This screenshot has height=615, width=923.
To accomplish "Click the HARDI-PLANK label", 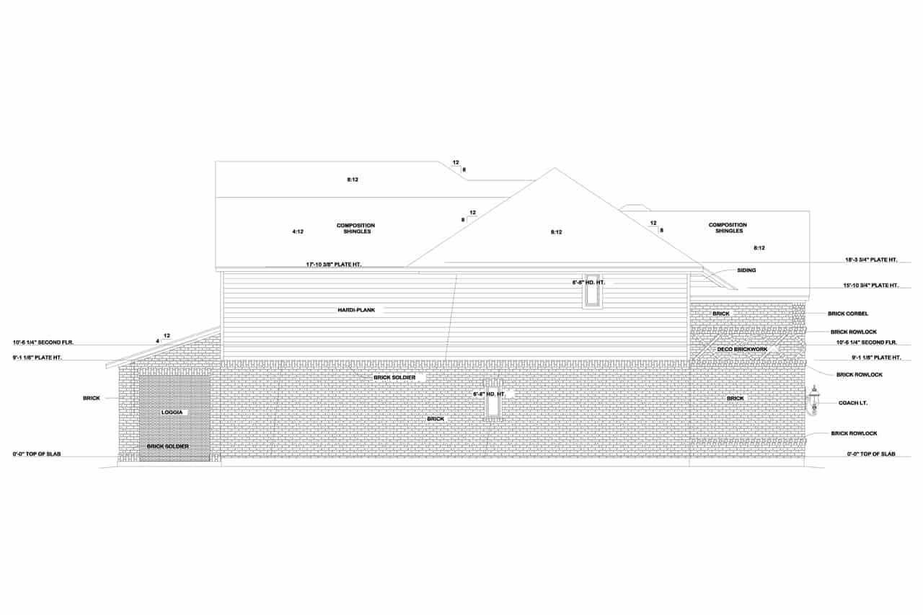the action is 356,310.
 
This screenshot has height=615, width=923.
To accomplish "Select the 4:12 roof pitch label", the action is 298,231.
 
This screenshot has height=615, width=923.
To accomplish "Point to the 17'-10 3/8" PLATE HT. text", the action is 333,265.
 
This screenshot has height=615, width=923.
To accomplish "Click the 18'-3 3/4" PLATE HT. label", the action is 871,260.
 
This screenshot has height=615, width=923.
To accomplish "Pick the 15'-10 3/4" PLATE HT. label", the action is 872,286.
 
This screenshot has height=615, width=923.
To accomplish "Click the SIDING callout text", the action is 746,270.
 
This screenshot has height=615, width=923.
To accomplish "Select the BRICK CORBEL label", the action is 848,314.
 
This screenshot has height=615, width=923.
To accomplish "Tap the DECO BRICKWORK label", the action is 742,350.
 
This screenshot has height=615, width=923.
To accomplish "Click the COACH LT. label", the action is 853,403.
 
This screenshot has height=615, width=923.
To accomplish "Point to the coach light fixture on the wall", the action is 814,401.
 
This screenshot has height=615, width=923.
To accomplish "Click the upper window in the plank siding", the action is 592,291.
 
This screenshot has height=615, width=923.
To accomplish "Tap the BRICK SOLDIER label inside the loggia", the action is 168,446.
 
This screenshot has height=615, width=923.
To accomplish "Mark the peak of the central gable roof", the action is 554,169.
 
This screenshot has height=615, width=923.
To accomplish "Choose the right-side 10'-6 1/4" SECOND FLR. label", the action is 866,342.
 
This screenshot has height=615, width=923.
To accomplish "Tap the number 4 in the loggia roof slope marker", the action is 157,340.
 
